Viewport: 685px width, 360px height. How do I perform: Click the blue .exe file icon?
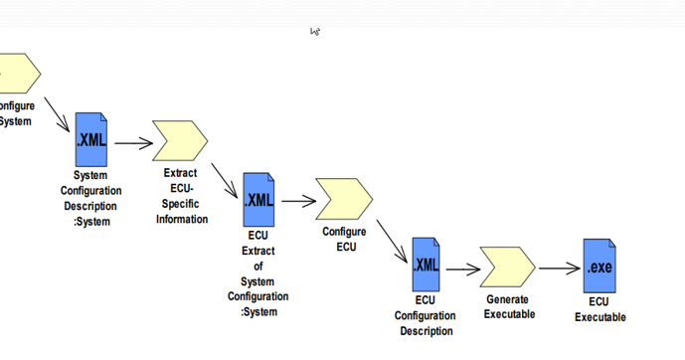coord(599,266)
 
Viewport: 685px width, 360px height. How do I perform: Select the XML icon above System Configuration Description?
coord(91,140)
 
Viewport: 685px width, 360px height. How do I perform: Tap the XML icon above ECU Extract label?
coord(258,200)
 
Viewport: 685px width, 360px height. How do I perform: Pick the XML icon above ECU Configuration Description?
coord(426,265)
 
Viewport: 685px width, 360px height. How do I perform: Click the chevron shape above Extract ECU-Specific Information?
coord(179,141)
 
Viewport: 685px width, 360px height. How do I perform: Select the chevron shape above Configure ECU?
coord(343,199)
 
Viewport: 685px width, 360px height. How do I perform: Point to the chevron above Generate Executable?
coord(507,267)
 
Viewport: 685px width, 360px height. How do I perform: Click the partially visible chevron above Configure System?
coord(18,74)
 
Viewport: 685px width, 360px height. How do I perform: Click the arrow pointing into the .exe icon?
coord(560,268)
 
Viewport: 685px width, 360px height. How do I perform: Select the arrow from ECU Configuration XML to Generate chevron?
coord(463,269)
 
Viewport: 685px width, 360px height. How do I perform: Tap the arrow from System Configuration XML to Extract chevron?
coord(133,143)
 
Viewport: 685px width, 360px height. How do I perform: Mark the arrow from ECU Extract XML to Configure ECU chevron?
coord(298,201)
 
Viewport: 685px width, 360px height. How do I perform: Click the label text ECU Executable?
coord(599,309)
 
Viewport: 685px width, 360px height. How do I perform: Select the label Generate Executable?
coord(509,306)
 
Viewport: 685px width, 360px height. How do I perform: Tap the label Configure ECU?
coord(344,239)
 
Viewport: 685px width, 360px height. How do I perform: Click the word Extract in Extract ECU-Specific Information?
coord(180,173)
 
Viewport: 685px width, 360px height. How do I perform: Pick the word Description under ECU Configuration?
coord(426,331)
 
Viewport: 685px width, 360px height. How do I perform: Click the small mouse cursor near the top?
coord(314,32)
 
